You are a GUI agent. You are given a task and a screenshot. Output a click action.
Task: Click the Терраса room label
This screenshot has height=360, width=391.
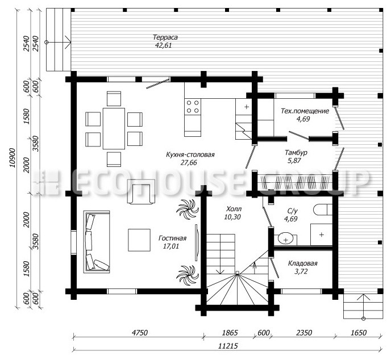tap(165, 37)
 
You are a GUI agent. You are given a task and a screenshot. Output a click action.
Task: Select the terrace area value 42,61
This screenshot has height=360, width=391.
tap(164, 45)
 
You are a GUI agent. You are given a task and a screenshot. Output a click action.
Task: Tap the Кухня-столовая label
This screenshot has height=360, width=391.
tap(190, 154)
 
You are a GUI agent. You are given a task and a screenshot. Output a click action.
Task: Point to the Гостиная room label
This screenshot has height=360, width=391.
tap(172, 238)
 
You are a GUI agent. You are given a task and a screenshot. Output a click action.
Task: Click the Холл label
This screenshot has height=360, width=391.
tap(234, 209)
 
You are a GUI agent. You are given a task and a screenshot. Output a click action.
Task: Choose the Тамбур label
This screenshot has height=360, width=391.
tap(296, 153)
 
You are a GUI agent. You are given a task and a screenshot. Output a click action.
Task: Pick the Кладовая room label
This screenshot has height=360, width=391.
tap(302, 263)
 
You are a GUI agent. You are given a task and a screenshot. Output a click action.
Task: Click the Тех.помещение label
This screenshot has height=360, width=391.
tap(305, 111)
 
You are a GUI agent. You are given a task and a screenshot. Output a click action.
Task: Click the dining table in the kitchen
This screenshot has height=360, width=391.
tap(114, 128)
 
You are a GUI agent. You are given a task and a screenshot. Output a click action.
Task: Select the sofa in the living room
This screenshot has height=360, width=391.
tap(97, 242)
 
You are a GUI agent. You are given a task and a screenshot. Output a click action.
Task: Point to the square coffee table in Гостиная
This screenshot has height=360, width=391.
tap(139, 240)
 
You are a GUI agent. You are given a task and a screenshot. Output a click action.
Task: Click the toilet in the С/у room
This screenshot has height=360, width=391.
tap(323, 210)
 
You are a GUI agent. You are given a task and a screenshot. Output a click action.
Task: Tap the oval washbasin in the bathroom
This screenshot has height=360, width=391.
tap(285, 238)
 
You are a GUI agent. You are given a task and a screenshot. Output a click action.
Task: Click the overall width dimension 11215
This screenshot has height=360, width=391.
tap(228, 346)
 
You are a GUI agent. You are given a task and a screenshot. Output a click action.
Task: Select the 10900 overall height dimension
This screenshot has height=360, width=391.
tap(12, 158)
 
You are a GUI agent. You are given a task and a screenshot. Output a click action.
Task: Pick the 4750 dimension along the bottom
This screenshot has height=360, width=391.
tap(140, 333)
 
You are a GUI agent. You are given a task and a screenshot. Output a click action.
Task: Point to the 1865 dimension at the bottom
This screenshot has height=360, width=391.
tap(230, 333)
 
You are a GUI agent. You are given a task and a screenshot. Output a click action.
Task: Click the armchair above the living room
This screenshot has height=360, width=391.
tap(141, 191)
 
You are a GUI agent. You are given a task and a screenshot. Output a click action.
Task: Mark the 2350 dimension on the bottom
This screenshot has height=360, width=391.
tap(303, 333)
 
